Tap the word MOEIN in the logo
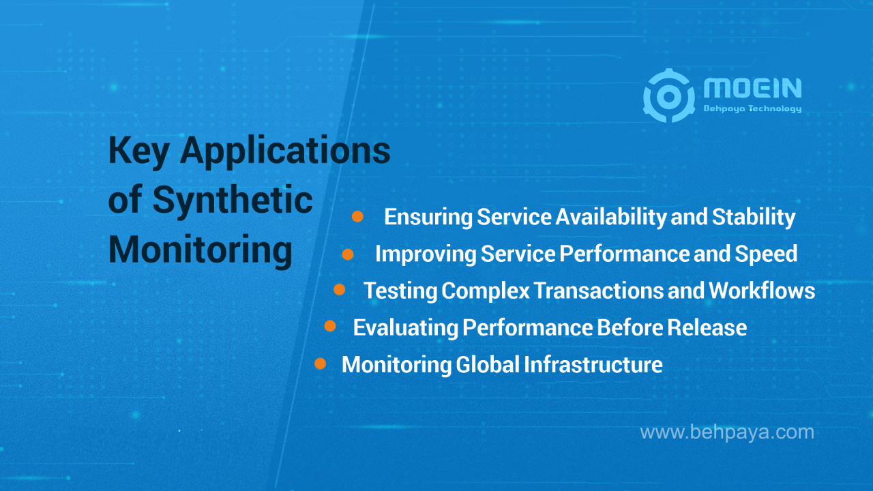[752, 88]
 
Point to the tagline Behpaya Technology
[752, 109]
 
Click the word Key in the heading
[139, 151]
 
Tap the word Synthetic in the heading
[232, 201]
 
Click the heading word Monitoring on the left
[201, 251]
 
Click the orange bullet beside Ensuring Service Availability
[357, 217]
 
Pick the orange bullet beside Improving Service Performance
[348, 254]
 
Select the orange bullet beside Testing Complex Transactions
[339, 290]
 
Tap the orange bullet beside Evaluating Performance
[330, 327]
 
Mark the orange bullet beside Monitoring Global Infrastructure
[320, 364]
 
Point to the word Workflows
[762, 291]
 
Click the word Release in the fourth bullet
[707, 327]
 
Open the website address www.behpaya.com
[727, 432]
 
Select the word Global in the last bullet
[488, 364]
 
